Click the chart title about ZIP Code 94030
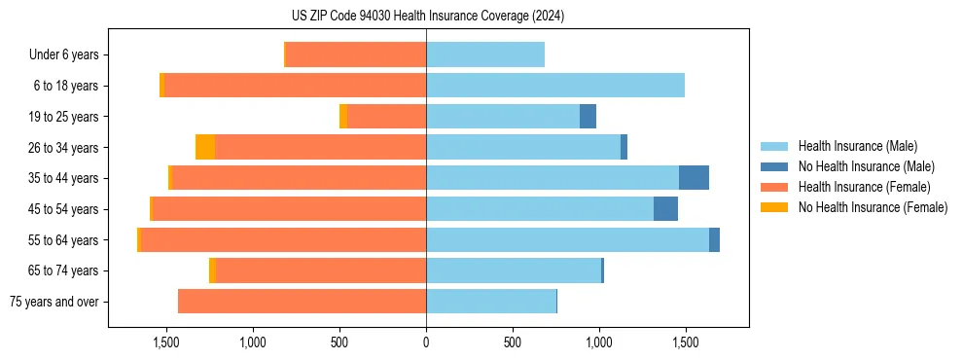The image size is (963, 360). (x=427, y=16)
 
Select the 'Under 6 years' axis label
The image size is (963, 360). (x=63, y=54)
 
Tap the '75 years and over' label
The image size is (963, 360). (x=53, y=302)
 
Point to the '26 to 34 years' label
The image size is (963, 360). (x=63, y=148)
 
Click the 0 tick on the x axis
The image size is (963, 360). (x=426, y=342)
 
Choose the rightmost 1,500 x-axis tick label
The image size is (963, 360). (x=686, y=342)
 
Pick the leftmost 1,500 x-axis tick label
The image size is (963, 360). (x=166, y=342)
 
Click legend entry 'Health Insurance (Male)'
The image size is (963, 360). (x=857, y=146)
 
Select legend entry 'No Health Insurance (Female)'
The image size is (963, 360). (x=873, y=207)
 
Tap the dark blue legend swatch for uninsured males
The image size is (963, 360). (x=774, y=166)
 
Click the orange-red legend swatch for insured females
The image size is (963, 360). (x=774, y=187)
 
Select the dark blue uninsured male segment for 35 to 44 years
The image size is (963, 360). (x=694, y=178)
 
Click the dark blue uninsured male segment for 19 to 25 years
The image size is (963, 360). (x=588, y=117)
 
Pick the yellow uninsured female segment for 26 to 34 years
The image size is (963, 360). (x=205, y=148)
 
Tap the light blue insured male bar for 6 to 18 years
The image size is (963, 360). (x=555, y=86)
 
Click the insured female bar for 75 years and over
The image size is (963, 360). (x=303, y=302)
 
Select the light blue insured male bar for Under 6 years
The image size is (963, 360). (x=485, y=54)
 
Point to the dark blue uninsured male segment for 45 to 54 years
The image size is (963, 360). (x=665, y=209)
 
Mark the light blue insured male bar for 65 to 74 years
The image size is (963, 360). (x=514, y=270)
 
